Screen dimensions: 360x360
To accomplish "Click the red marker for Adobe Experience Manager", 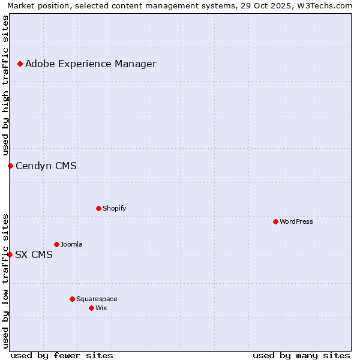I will pyautogui.click(x=20, y=64).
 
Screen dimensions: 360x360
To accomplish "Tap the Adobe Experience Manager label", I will pyautogui.click(x=91, y=64).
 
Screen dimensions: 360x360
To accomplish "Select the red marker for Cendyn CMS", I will pyautogui.click(x=10, y=166).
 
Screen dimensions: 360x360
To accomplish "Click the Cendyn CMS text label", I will pyautogui.click(x=46, y=166).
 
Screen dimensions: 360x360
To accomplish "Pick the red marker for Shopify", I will pyautogui.click(x=98, y=208).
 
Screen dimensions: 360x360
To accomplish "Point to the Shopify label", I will pyautogui.click(x=114, y=208).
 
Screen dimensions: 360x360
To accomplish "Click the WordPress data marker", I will pyautogui.click(x=275, y=221).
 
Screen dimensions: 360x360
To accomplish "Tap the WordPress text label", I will pyautogui.click(x=296, y=221).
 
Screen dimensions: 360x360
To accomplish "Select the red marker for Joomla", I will pyautogui.click(x=56, y=244).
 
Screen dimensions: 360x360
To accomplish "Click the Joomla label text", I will pyautogui.click(x=71, y=244).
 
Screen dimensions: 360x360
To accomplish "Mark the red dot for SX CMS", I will pyautogui.click(x=10, y=254).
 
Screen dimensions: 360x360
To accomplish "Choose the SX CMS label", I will pyautogui.click(x=34, y=254).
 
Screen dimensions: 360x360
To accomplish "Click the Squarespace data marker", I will pyautogui.click(x=72, y=299).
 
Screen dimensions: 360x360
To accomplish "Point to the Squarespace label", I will pyautogui.click(x=97, y=299).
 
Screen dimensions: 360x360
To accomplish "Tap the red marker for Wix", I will pyautogui.click(x=91, y=308).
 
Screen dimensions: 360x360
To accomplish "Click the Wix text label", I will pyautogui.click(x=101, y=308).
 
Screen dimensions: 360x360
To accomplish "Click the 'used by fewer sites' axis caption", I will pyautogui.click(x=62, y=355).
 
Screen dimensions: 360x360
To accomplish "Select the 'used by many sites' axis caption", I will pyautogui.click(x=301, y=355).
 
